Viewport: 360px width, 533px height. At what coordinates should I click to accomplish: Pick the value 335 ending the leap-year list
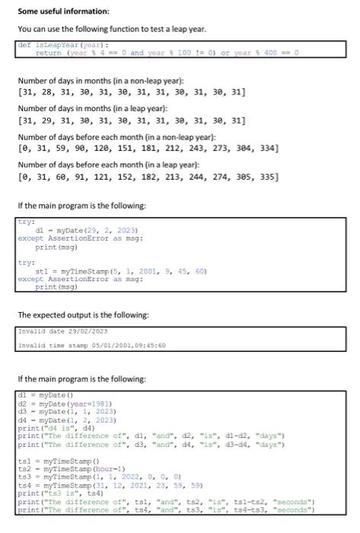[268, 177]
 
